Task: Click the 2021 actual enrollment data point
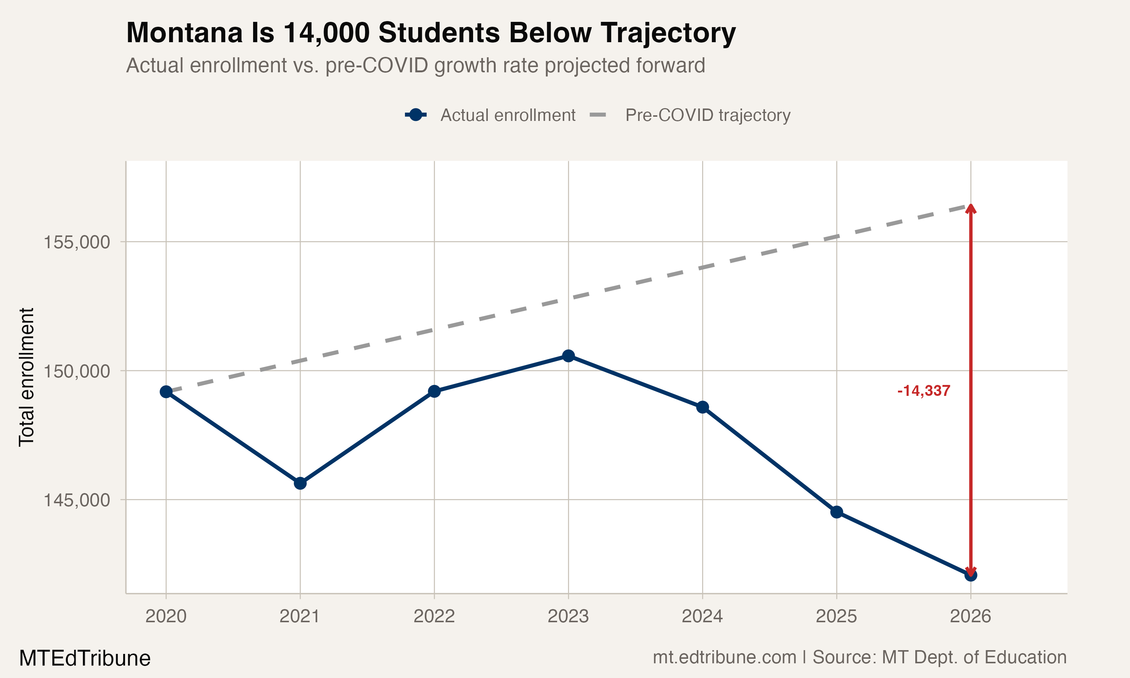(x=300, y=483)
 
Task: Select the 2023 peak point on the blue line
(x=568, y=356)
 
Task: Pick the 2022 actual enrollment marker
(x=434, y=391)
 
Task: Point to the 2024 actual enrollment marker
(x=702, y=407)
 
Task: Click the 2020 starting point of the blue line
(x=166, y=392)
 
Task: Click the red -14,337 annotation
(x=924, y=391)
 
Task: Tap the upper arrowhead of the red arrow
(x=971, y=209)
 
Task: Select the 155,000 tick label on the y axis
(x=77, y=242)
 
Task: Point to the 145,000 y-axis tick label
(x=77, y=500)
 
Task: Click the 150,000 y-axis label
(x=77, y=371)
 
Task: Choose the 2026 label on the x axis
(x=970, y=617)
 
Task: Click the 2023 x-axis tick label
(x=568, y=617)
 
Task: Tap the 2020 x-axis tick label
(x=166, y=617)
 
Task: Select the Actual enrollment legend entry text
(x=507, y=115)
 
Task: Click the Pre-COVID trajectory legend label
(x=707, y=115)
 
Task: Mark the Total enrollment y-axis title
(x=26, y=377)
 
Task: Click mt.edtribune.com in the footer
(x=724, y=657)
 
